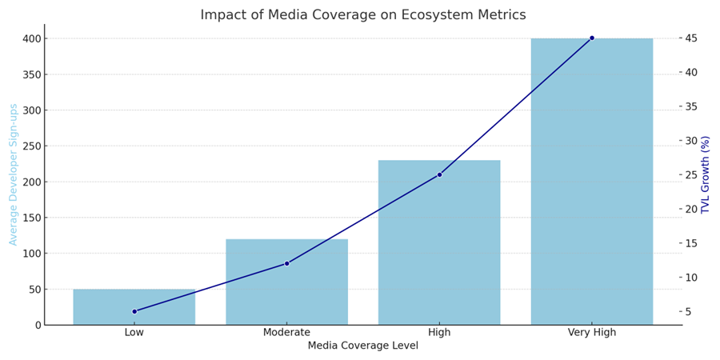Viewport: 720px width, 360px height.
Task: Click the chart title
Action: coord(363,15)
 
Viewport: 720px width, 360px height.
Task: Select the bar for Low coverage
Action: coord(134,307)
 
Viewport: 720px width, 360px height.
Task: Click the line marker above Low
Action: coord(134,311)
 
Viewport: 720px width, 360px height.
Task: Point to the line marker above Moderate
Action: coord(286,263)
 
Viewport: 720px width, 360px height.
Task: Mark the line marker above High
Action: coord(439,174)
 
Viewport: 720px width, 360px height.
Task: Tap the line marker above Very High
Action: coord(592,38)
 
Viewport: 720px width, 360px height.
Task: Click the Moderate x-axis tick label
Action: coord(286,333)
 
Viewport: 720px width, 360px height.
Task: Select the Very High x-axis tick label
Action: coord(592,333)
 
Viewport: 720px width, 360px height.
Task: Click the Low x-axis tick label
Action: coord(134,333)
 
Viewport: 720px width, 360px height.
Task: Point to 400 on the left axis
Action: coord(30,38)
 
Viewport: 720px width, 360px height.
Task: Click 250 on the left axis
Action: coord(30,146)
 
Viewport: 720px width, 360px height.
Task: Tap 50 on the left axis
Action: coord(34,290)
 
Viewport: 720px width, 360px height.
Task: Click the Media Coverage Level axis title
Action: coord(363,346)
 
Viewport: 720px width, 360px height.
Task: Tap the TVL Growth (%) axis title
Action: coord(706,174)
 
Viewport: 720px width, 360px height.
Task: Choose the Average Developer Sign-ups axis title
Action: coord(14,174)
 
